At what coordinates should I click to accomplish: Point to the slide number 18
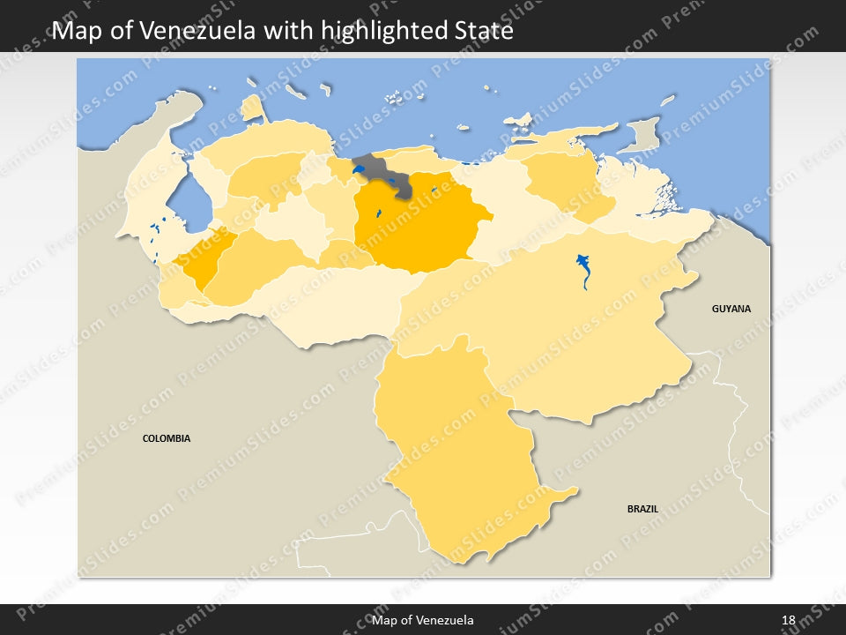click(788, 620)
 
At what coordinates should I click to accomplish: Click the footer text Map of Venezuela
click(423, 620)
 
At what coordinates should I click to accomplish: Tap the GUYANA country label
click(731, 309)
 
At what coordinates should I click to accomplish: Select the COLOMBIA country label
click(167, 438)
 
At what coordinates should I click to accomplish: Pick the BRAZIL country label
click(642, 509)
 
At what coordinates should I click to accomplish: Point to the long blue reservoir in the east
click(583, 268)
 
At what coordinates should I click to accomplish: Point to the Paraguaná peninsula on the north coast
click(253, 108)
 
